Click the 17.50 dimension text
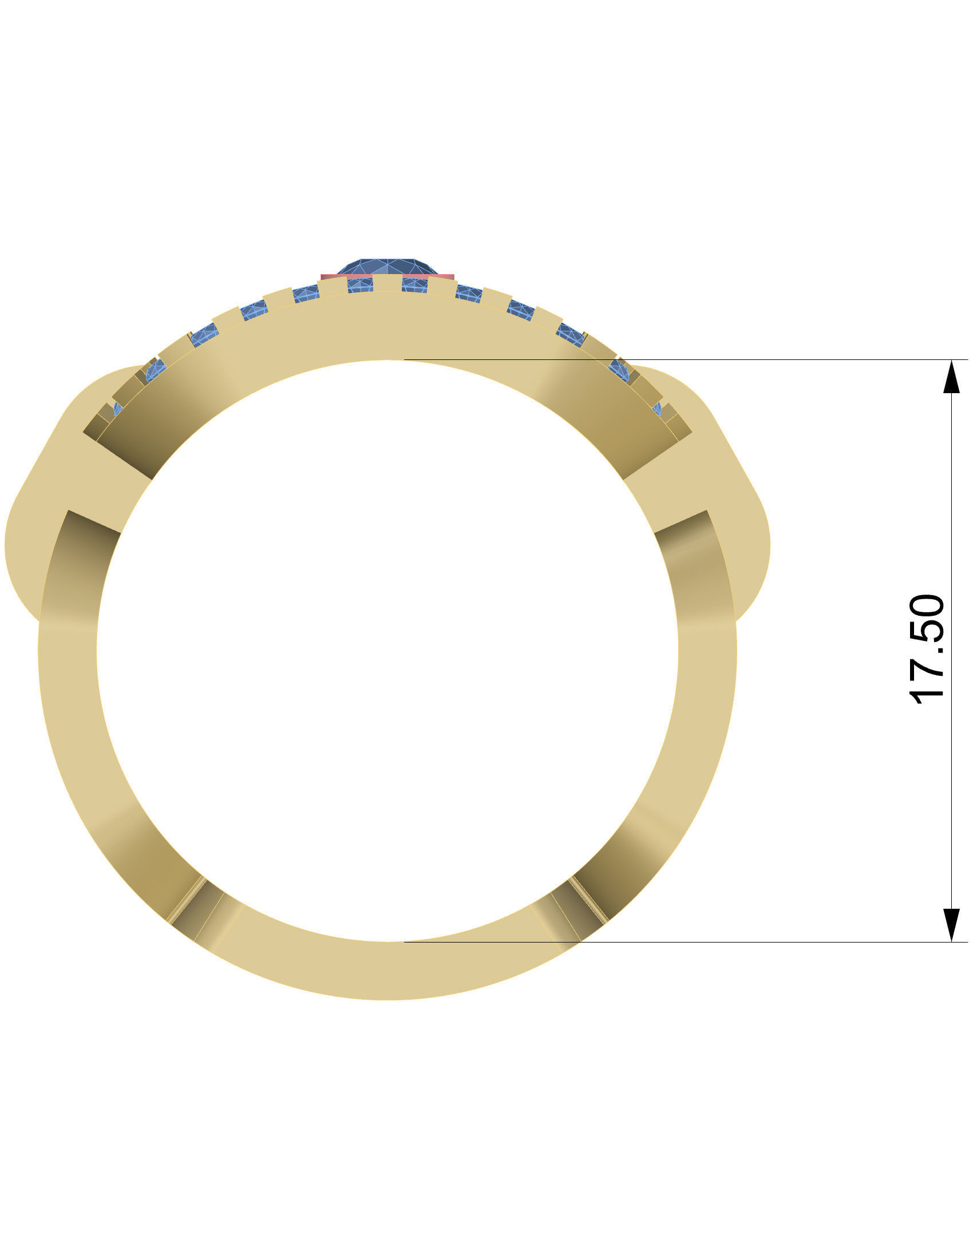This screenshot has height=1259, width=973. click(926, 648)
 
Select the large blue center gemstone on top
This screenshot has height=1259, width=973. click(387, 267)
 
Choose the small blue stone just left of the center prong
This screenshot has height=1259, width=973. click(359, 284)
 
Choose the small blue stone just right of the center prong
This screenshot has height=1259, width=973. click(414, 284)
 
